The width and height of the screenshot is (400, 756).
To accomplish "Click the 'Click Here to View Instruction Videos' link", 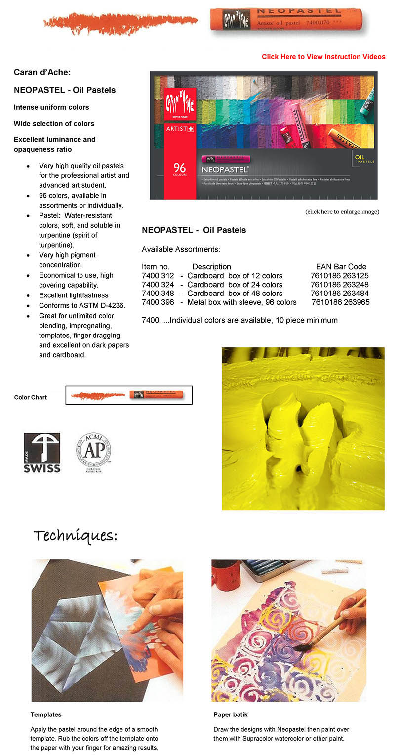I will tap(323, 57).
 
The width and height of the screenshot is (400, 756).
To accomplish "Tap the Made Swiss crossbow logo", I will tap(42, 453).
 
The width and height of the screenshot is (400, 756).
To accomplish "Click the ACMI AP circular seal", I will tap(93, 453).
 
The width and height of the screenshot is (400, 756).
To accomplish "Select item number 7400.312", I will tap(158, 276).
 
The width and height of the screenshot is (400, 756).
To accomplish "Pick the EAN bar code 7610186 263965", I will tap(340, 302).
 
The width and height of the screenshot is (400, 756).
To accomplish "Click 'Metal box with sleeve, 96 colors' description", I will tap(242, 302).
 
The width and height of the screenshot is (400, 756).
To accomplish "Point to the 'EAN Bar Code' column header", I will tap(341, 267).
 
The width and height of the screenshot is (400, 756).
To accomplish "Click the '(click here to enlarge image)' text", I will tap(342, 212).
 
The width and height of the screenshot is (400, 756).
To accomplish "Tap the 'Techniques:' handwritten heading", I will tap(76, 536).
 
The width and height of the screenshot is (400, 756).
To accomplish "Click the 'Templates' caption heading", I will tap(46, 714).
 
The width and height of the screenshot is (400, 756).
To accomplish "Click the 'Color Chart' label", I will tap(31, 398).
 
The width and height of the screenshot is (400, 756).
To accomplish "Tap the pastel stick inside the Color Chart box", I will tap(156, 395).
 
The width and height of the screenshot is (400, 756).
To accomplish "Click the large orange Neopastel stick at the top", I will tap(286, 19).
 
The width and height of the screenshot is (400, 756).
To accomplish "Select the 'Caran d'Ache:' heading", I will tap(42, 72).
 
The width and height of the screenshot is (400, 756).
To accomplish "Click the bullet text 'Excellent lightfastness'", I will tap(74, 295).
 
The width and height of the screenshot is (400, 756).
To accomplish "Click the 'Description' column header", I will tap(211, 267).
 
